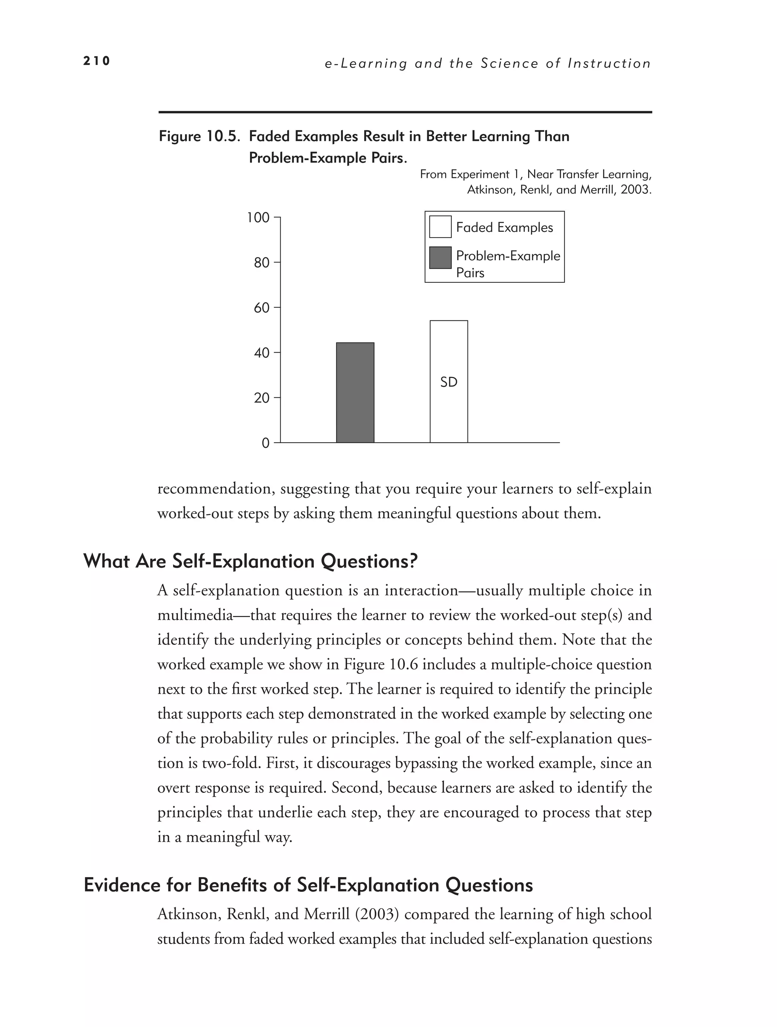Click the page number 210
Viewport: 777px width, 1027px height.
(96, 61)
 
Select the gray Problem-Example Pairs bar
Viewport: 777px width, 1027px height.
(355, 392)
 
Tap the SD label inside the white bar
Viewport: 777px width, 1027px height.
(448, 382)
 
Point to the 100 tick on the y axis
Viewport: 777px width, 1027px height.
(258, 217)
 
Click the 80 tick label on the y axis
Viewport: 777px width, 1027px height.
(261, 263)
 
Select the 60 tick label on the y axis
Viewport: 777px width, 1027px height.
(261, 308)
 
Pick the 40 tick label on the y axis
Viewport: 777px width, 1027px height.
(261, 353)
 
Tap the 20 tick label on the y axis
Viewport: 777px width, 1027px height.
(261, 398)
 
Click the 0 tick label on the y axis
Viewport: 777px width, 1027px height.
(266, 443)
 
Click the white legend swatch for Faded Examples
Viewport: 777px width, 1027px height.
(440, 227)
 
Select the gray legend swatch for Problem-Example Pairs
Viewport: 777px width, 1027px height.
(440, 258)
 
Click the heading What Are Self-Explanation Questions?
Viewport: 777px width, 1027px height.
(251, 561)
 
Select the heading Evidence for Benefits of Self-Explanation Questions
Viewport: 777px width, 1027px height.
(308, 885)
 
